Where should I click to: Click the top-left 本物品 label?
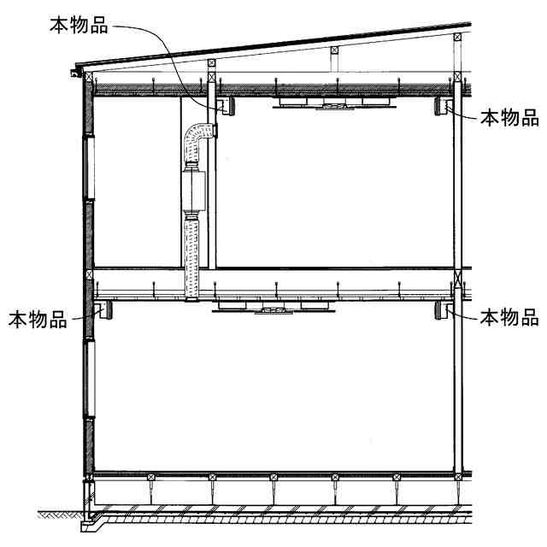(79, 25)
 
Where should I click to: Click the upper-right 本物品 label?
(509, 117)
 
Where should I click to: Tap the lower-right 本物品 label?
(509, 318)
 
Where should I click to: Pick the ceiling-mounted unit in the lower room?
(273, 306)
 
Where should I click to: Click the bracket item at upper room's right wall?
(447, 107)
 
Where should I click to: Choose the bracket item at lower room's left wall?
(100, 309)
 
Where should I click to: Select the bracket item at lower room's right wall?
(446, 309)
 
